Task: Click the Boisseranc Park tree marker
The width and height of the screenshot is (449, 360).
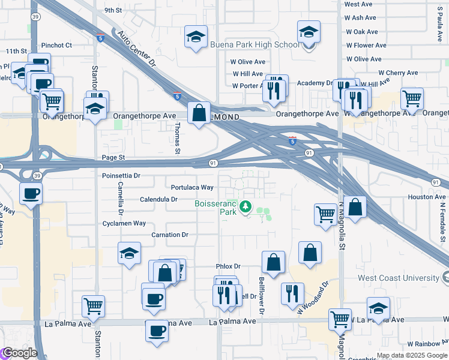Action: [245, 207]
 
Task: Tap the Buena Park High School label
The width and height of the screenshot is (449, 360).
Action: [255, 44]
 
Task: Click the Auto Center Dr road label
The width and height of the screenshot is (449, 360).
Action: [136, 49]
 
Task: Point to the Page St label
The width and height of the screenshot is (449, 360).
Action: [113, 157]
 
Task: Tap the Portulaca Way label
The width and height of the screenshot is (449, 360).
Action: [192, 187]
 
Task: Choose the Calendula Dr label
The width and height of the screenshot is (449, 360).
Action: [158, 199]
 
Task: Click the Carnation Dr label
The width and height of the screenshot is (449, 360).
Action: [170, 235]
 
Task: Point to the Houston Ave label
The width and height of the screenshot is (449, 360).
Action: [427, 197]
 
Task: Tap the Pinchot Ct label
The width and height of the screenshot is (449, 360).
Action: [56, 45]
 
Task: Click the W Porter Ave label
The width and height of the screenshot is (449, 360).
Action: [247, 85]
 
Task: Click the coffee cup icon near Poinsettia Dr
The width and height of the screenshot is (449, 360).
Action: [30, 193]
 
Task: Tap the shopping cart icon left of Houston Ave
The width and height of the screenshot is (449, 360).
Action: [325, 213]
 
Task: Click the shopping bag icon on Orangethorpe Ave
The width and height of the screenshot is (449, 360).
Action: [199, 112]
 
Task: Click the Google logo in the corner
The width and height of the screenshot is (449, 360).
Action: [19, 353]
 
